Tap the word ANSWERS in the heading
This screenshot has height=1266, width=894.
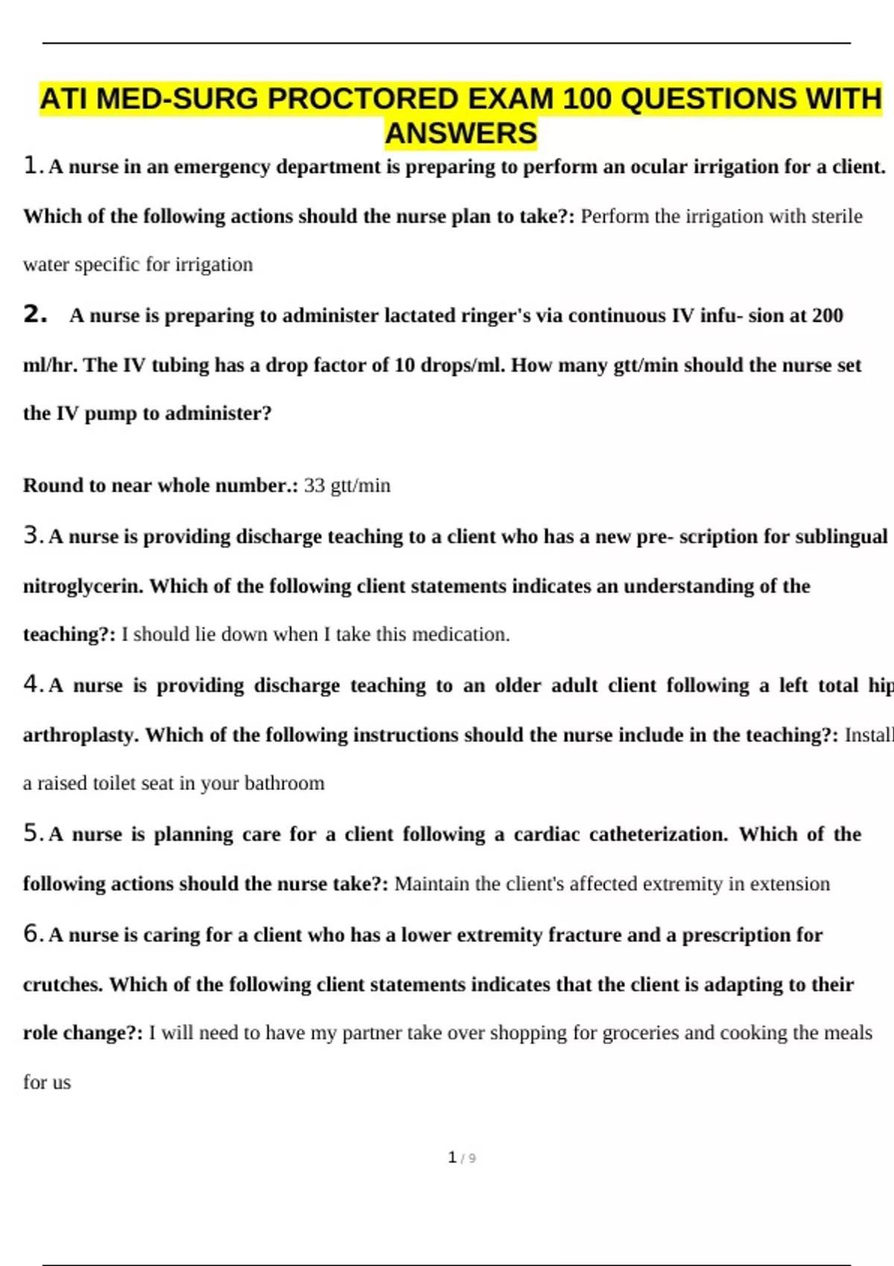point(461,134)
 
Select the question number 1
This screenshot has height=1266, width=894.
point(31,165)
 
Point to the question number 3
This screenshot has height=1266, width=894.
point(31,535)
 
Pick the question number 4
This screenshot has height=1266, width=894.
point(31,684)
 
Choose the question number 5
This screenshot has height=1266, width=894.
point(31,833)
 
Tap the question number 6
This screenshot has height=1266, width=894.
point(31,934)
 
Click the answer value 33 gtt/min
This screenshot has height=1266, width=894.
point(347,486)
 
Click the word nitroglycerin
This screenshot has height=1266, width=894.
point(82,587)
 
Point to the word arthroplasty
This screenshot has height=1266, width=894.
point(80,736)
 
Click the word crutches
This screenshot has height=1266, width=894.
point(63,985)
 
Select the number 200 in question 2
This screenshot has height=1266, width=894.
point(827,316)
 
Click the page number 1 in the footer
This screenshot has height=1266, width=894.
point(452,1157)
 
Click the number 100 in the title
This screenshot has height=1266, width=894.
point(588,99)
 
